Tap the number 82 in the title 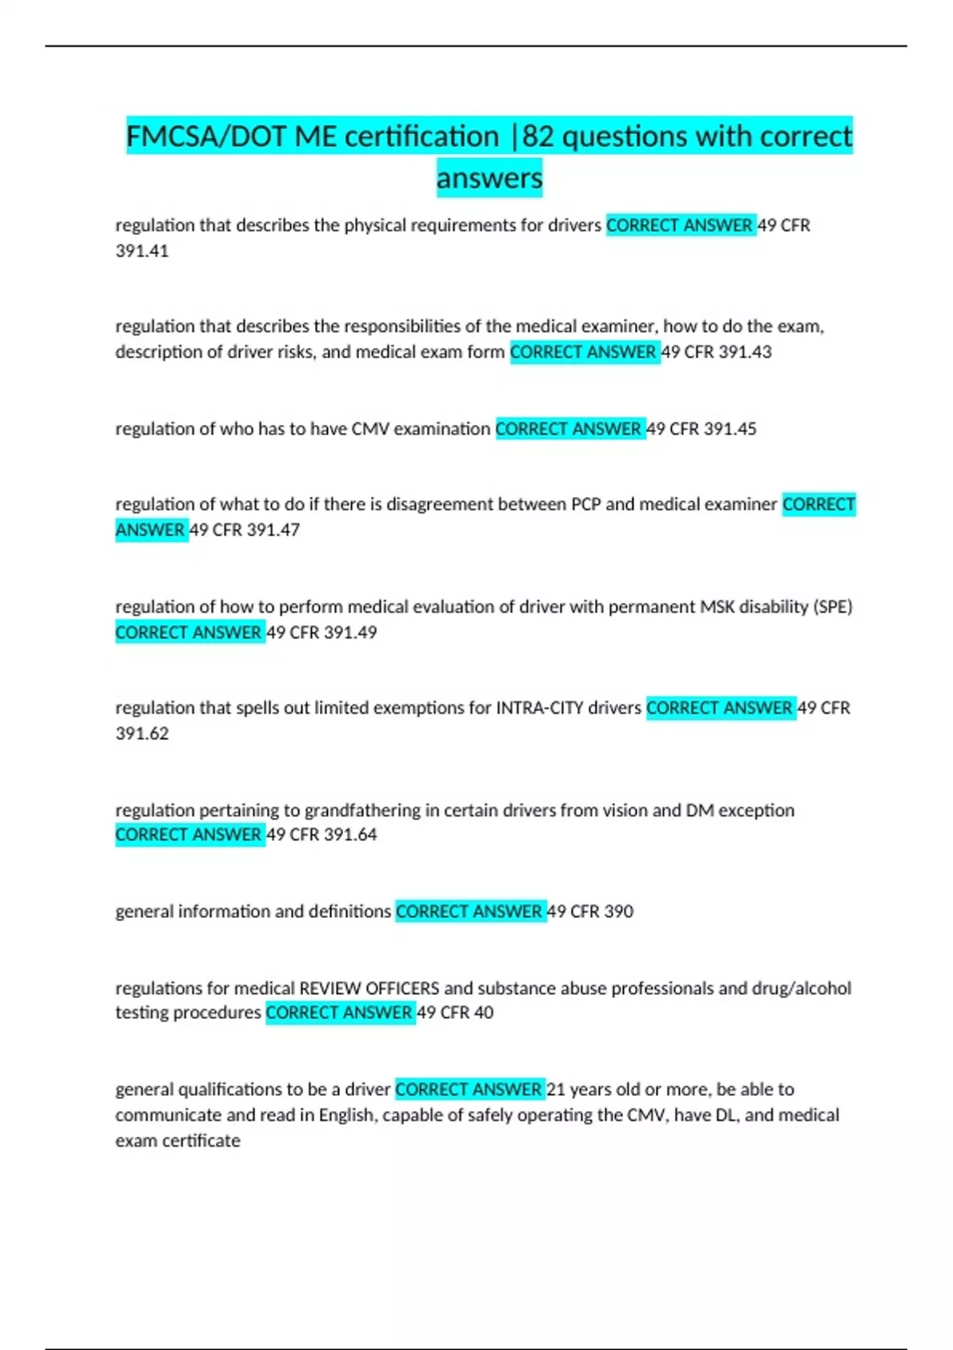coord(538,137)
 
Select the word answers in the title coord(489,177)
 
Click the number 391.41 coord(142,251)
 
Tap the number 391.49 coord(350,633)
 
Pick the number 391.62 coord(142,734)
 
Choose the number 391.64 coord(350,835)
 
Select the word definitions coord(349,912)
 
